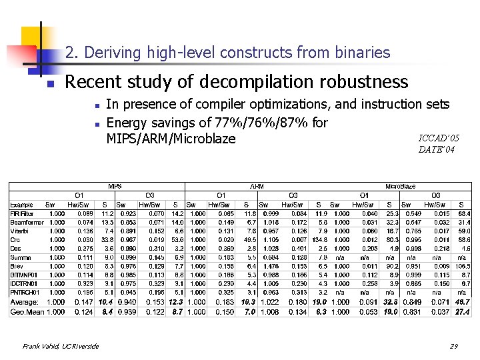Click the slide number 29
[x=453, y=346]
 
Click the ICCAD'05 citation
[x=439, y=138]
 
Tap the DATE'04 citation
[x=437, y=150]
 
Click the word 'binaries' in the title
[x=363, y=52]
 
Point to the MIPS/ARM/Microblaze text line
[x=171, y=139]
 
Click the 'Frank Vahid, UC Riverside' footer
[x=61, y=346]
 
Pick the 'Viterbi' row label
[x=20, y=231]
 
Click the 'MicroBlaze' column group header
[x=401, y=186]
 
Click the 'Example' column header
[x=21, y=204]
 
